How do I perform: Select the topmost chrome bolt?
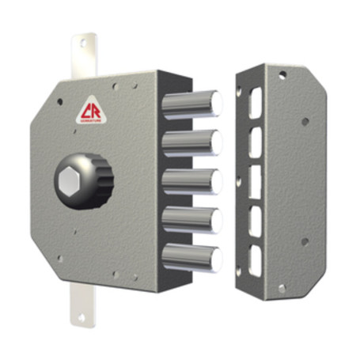tap(191, 104)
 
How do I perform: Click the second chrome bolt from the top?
tap(191, 142)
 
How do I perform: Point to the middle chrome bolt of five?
tap(191, 180)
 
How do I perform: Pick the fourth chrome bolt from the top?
tap(191, 218)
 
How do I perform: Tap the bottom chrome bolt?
tap(191, 257)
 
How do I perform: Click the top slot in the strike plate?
tap(255, 102)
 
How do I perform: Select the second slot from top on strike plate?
tap(255, 140)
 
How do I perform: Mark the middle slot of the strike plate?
tap(255, 180)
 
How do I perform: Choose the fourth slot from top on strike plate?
tap(255, 218)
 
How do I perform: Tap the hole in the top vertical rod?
tap(82, 45)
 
